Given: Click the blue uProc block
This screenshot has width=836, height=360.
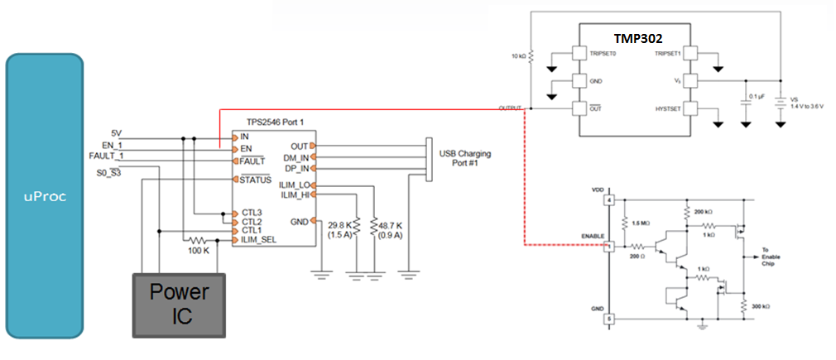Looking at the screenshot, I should pyautogui.click(x=45, y=197).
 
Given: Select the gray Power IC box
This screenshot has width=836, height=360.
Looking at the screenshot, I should pyautogui.click(x=180, y=304).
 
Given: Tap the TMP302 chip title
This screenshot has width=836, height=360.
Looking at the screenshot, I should pyautogui.click(x=637, y=39).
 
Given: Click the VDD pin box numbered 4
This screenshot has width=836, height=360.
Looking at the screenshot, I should pyautogui.click(x=610, y=200).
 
